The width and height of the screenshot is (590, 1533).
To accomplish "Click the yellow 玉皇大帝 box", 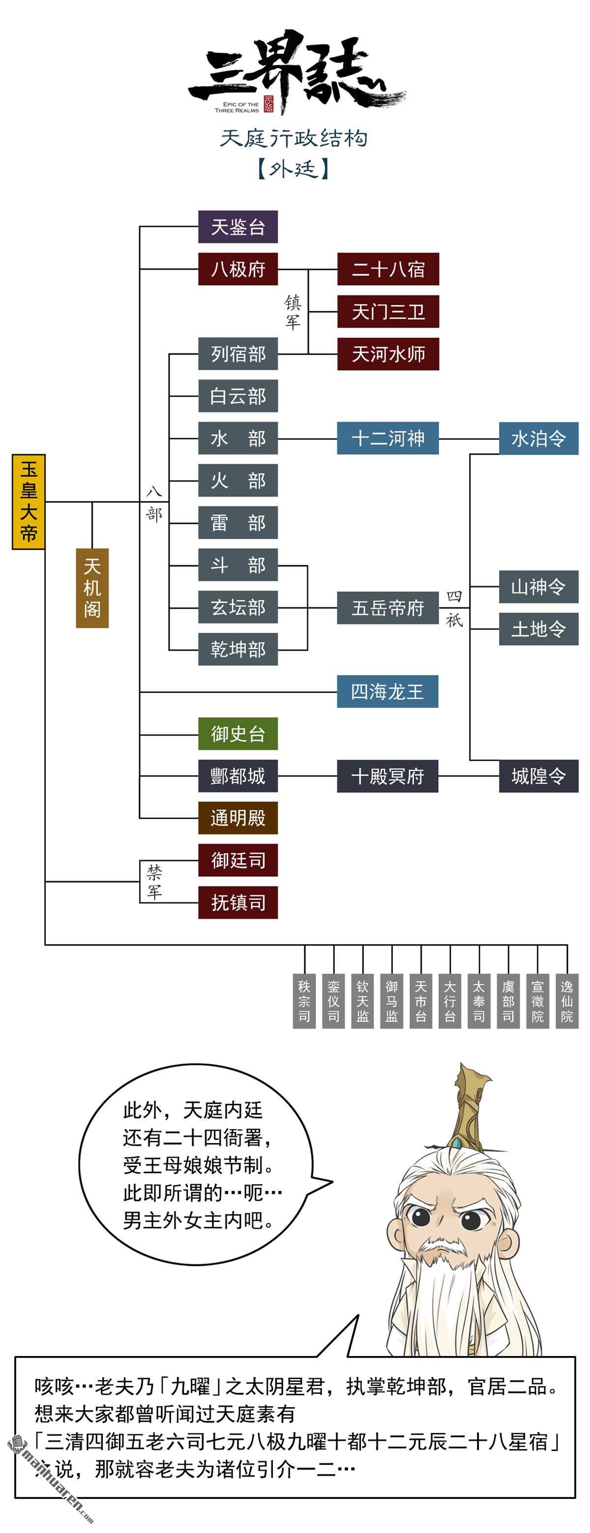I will tap(29, 501).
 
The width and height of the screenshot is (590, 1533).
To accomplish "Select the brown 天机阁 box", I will tap(92, 588).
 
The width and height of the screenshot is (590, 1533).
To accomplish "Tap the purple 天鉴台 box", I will tap(237, 227).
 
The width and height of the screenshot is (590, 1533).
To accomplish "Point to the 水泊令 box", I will tap(538, 439).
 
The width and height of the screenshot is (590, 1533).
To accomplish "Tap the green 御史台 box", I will tap(237, 734).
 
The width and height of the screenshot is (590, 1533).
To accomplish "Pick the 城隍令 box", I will tap(538, 776).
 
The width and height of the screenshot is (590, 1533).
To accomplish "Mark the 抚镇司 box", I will tap(237, 903).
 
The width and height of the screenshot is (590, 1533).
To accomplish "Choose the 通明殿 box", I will tap(237, 818).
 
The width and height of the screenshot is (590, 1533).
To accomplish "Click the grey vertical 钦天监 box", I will tap(362, 1001).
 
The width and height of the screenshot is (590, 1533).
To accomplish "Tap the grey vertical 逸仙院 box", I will tap(567, 1001).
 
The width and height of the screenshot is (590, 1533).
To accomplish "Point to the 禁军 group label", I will tap(154, 882).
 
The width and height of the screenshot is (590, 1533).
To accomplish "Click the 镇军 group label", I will tap(293, 312).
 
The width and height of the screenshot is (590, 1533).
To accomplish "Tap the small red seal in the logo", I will tap(268, 104).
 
